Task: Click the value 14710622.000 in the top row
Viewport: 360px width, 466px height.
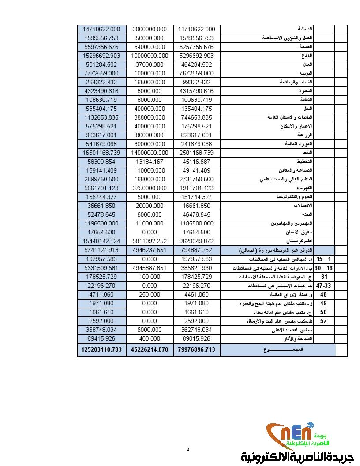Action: click(101, 29)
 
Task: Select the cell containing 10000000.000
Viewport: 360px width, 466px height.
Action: click(150, 56)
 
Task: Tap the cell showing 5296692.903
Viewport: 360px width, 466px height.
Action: click(196, 56)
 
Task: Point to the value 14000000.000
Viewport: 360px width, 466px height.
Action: click(150, 153)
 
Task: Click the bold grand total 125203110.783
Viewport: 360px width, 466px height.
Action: click(101, 350)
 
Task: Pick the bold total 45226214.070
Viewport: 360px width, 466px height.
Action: click(150, 350)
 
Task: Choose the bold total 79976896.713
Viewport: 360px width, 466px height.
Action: click(196, 350)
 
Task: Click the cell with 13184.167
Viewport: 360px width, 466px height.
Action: click(150, 162)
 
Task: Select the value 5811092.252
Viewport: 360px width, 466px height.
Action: click(150, 241)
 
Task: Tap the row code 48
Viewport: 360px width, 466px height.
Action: click(323, 294)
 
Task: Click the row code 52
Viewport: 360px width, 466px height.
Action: click(323, 321)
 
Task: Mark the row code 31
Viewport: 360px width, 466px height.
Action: click(324, 277)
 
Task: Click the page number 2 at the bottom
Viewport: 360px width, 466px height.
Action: click(188, 449)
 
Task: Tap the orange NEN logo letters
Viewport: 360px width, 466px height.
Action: click(285, 435)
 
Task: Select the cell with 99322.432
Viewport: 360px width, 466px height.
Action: click(196, 82)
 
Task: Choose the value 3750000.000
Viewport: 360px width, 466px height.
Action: click(150, 188)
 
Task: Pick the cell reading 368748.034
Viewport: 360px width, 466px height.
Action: click(101, 330)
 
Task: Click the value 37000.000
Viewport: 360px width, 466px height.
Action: click(150, 64)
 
